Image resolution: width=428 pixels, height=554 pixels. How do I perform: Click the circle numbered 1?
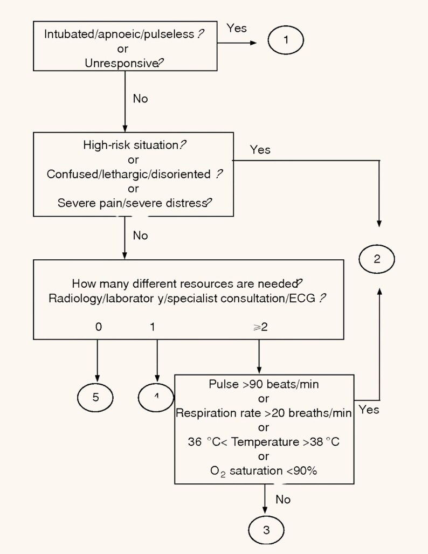click(x=286, y=40)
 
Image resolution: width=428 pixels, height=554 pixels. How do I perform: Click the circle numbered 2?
click(x=377, y=259)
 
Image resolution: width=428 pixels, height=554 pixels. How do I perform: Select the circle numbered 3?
click(x=266, y=530)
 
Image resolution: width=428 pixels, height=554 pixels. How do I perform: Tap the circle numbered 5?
click(x=96, y=398)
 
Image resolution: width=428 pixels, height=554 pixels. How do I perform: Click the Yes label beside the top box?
click(x=237, y=27)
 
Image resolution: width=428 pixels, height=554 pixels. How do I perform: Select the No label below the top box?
click(x=140, y=99)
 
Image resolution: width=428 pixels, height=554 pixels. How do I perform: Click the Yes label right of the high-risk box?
click(x=260, y=150)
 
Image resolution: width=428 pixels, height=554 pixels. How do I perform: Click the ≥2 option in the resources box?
click(x=260, y=328)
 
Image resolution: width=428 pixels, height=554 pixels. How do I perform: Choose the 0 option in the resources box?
click(x=97, y=328)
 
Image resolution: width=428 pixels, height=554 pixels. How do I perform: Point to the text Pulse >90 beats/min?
click(x=264, y=384)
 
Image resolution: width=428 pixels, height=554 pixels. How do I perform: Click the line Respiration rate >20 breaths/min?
click(x=264, y=413)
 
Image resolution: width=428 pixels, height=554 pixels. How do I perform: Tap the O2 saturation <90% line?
click(x=264, y=470)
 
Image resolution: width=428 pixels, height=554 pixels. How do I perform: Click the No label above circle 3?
click(x=283, y=500)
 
